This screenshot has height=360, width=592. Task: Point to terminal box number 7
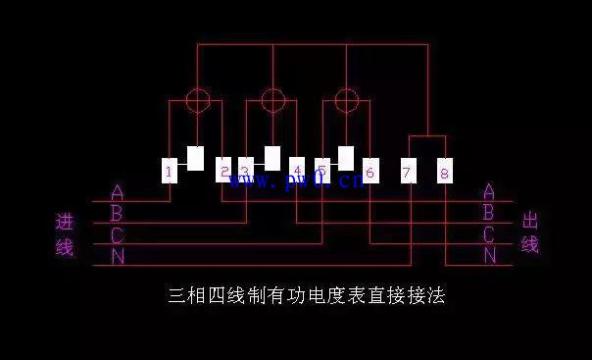pos(409,172)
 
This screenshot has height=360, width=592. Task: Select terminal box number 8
pos(445,172)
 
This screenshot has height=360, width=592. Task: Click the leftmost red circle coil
pos(198,99)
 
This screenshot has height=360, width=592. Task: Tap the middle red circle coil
pos(272,99)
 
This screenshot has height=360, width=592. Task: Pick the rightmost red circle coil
pos(346,99)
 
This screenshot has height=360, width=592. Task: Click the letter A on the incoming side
pos(118,192)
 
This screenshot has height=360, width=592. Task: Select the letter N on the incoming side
pos(118,257)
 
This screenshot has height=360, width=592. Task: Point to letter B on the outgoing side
pos(489,213)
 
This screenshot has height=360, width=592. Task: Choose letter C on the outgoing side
pos(489,234)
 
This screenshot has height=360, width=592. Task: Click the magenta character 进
pos(65,223)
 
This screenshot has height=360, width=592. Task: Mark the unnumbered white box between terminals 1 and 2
pos(196,158)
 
